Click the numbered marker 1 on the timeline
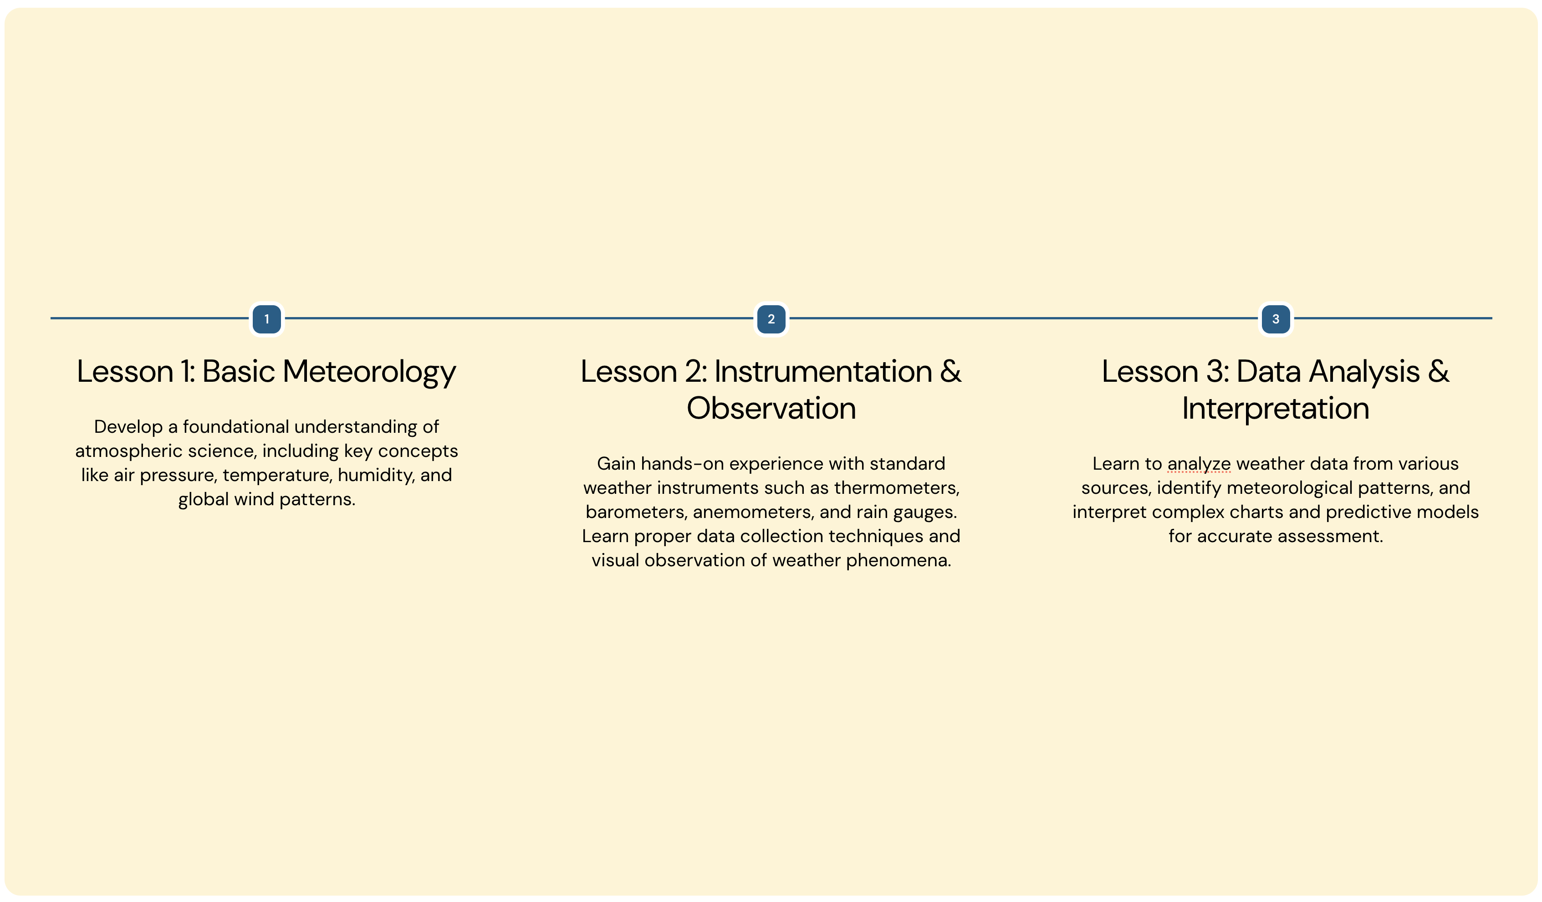point(267,319)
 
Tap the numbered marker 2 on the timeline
point(771,319)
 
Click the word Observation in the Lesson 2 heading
point(771,408)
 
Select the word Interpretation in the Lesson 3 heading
point(1275,409)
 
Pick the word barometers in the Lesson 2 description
point(636,512)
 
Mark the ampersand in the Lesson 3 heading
point(1438,371)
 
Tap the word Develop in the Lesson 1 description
point(128,428)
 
